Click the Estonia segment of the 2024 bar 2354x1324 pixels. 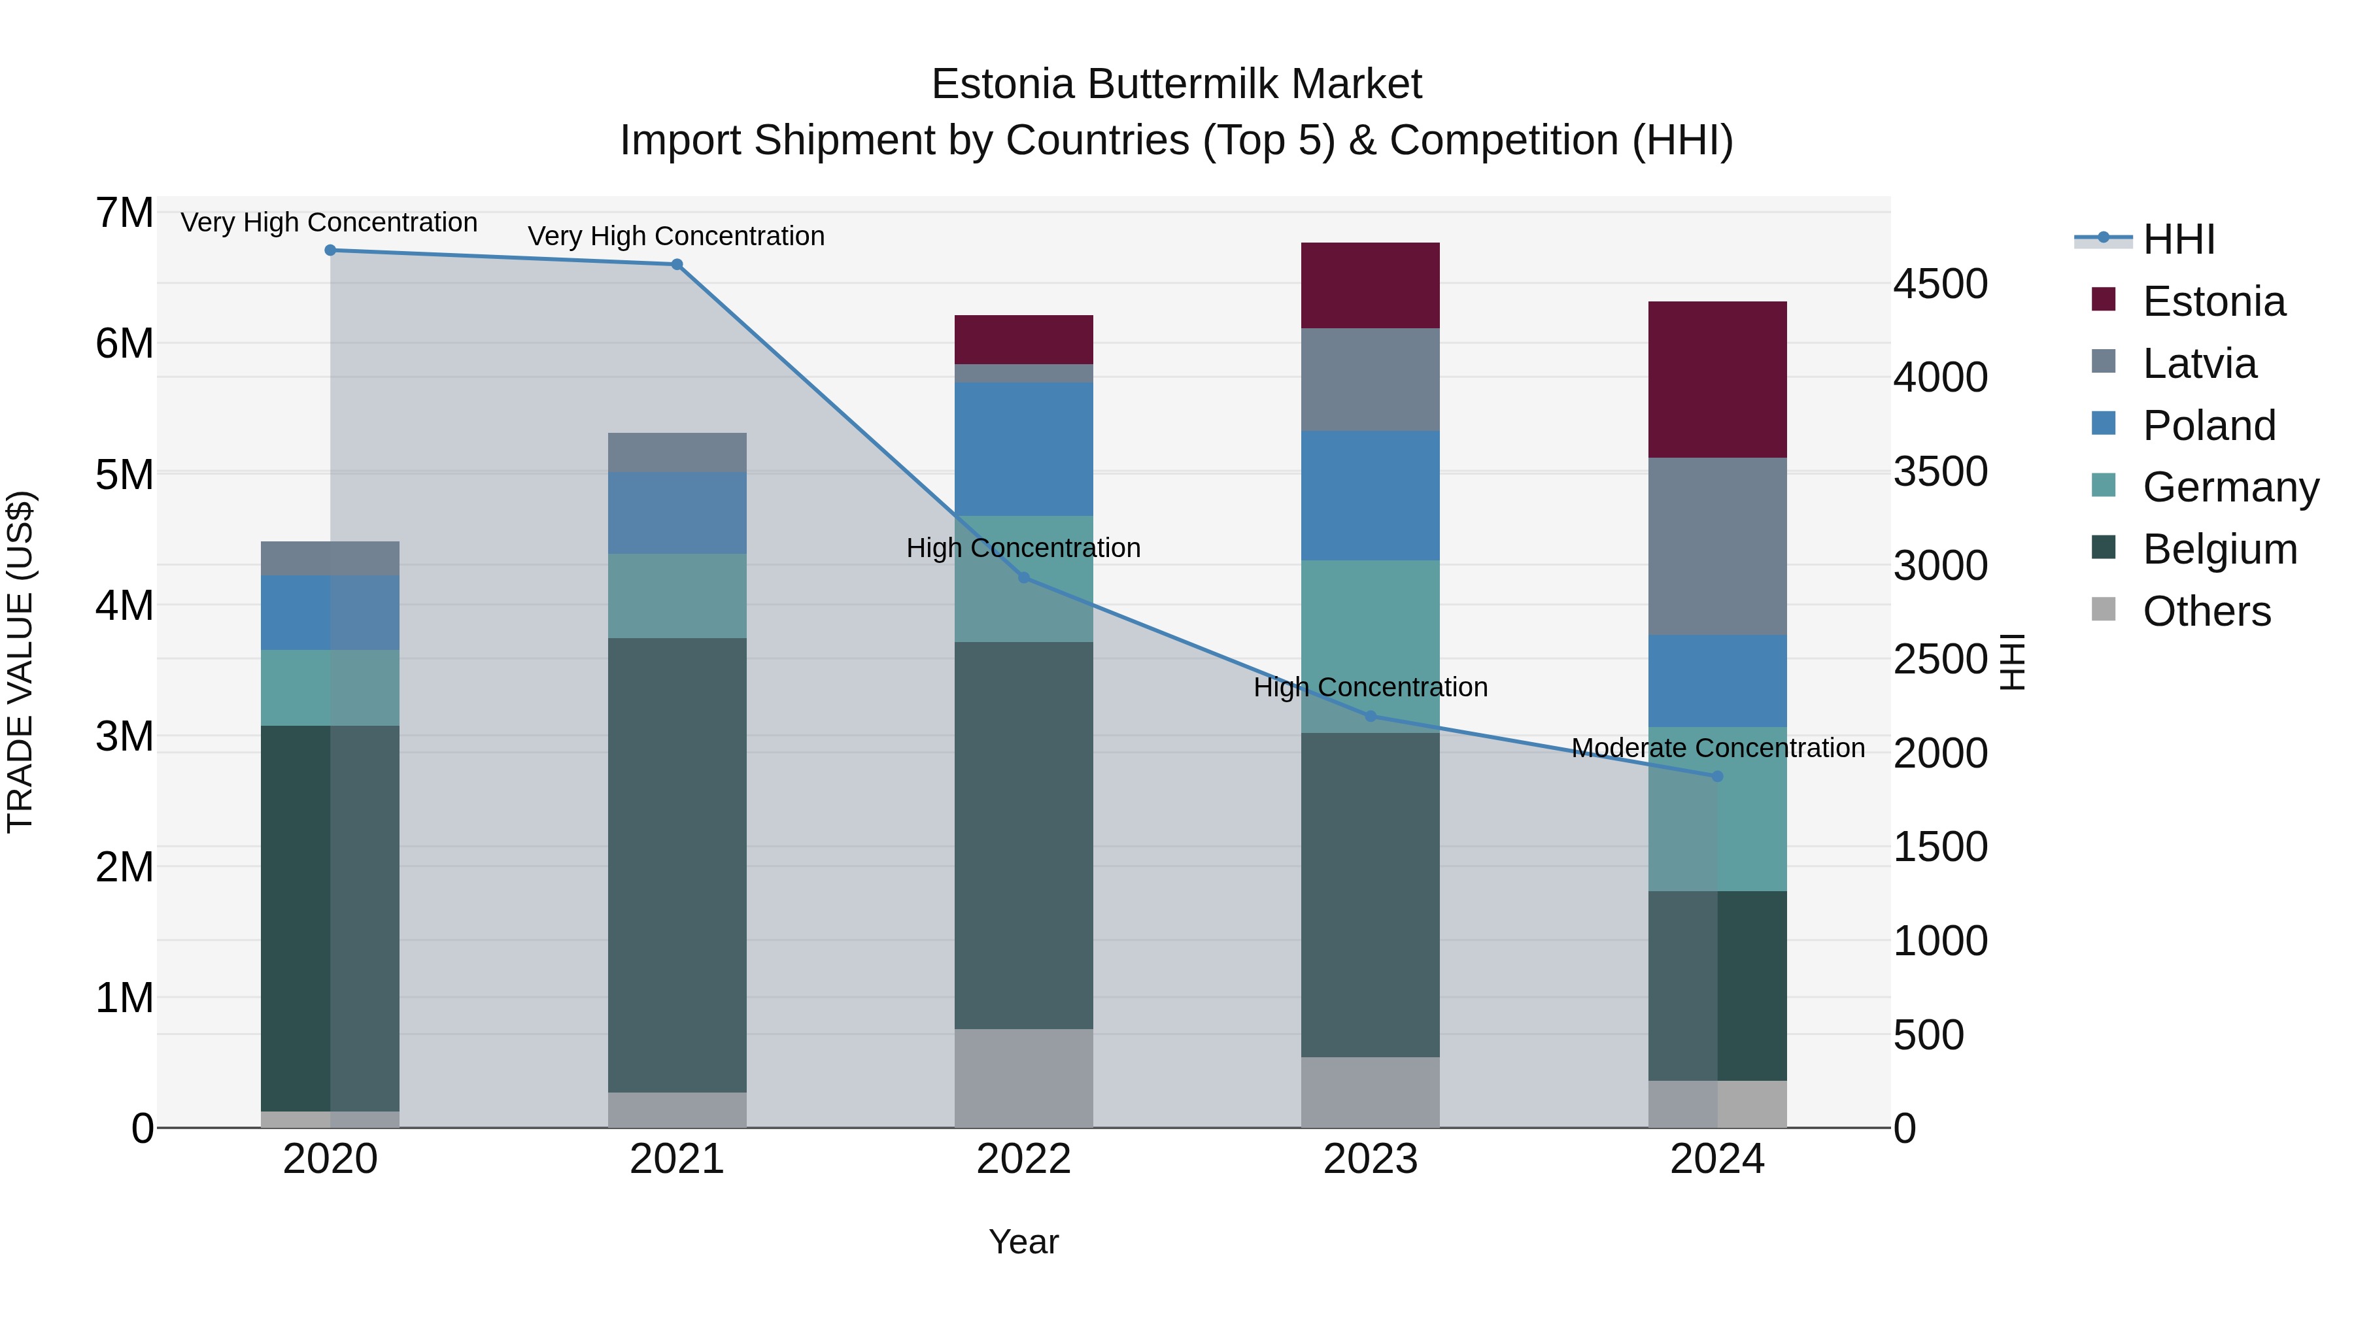click(x=1717, y=379)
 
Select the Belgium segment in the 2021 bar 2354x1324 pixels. click(x=677, y=864)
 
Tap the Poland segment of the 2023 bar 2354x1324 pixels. click(x=1370, y=495)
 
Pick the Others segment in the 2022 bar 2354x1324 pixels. click(x=1023, y=1078)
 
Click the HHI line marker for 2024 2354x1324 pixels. click(x=1717, y=775)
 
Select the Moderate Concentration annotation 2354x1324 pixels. click(x=1717, y=747)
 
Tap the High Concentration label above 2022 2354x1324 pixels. click(x=1023, y=549)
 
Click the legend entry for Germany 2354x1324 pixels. click(x=2230, y=487)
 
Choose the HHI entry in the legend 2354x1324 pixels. click(x=2177, y=239)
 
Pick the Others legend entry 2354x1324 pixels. click(x=2206, y=611)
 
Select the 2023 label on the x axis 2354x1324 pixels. click(x=1370, y=1159)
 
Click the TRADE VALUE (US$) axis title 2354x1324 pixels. click(x=20, y=662)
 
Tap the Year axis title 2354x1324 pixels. click(x=1023, y=1242)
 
